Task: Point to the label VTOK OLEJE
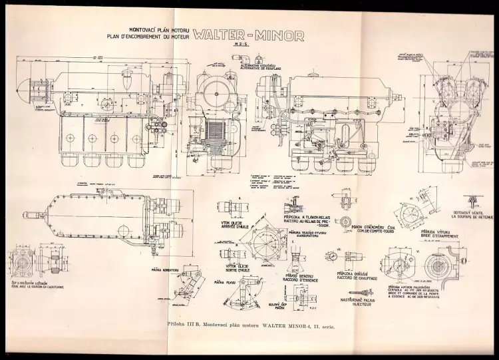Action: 230,224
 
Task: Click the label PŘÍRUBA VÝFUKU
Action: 433,234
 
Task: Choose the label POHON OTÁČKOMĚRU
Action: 370,226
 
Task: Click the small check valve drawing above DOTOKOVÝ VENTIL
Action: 471,200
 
